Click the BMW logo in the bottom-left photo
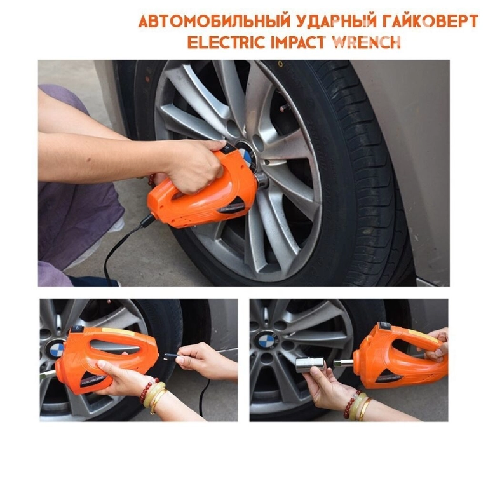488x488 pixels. pyautogui.click(x=56, y=348)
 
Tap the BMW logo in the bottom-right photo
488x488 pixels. pyautogui.click(x=266, y=341)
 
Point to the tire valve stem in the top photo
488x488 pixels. pyautogui.click(x=286, y=107)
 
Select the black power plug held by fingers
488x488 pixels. pyautogui.click(x=172, y=356)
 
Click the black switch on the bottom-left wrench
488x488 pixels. pyautogui.click(x=77, y=329)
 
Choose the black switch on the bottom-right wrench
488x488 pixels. pyautogui.click(x=384, y=326)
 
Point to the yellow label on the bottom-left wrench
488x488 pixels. pyautogui.click(x=114, y=330)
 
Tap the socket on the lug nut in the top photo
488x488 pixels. pyautogui.click(x=261, y=180)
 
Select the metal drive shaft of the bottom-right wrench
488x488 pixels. pyautogui.click(x=343, y=363)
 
